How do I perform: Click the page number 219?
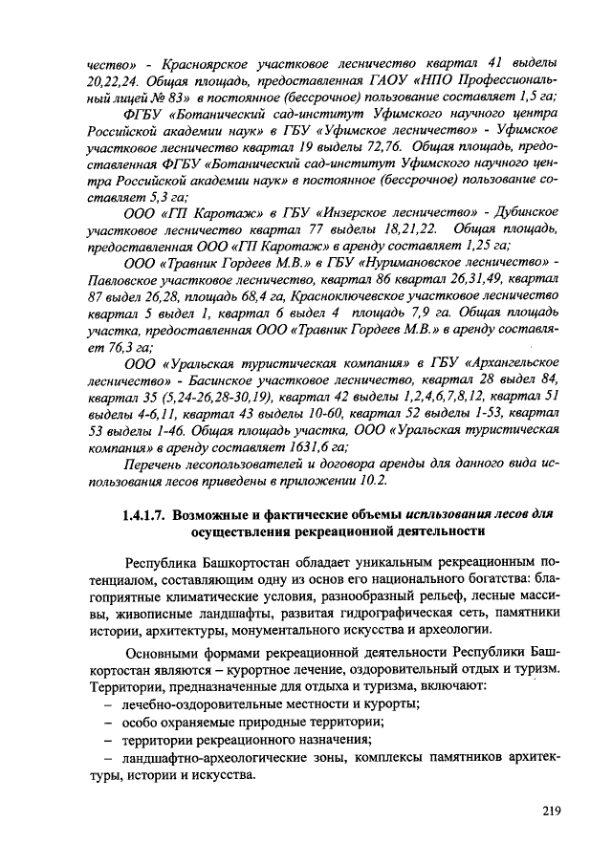(x=547, y=811)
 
